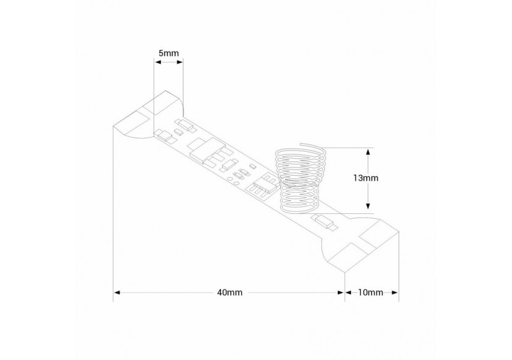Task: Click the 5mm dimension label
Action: (168, 54)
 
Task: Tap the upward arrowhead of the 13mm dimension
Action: (369, 151)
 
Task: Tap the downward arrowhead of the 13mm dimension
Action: (369, 207)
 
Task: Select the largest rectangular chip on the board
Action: (200, 148)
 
